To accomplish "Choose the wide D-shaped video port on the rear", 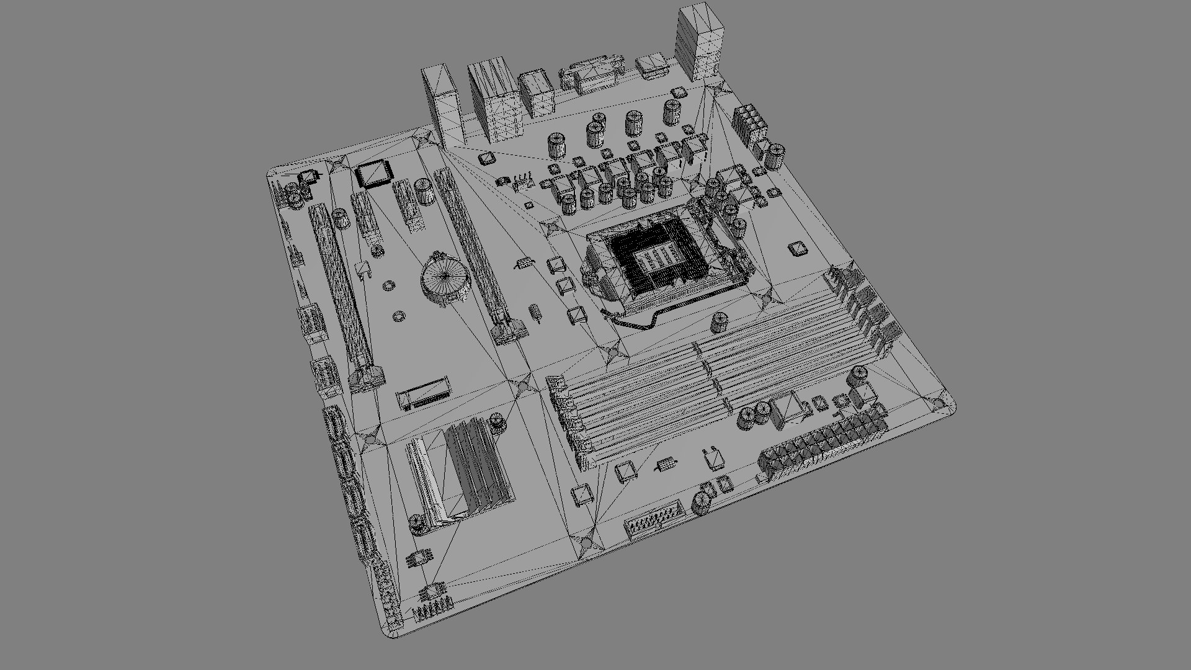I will pos(592,71).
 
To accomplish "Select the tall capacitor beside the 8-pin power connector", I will pos(777,156).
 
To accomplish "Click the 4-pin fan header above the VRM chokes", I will pos(523,181).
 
